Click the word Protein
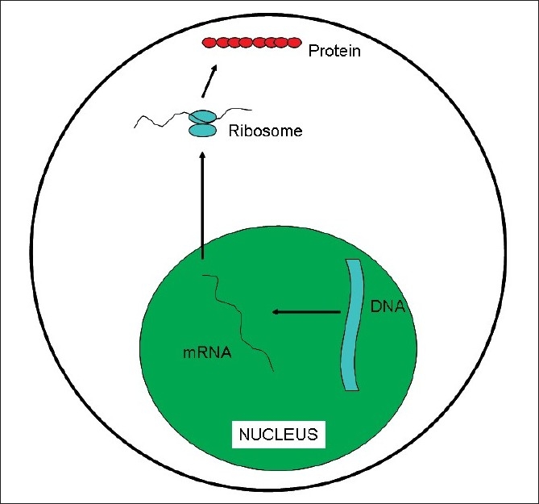pyautogui.click(x=335, y=52)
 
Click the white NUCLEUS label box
pyautogui.click(x=278, y=435)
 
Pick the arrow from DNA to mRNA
pyautogui.click(x=307, y=310)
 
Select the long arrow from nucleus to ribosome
pyautogui.click(x=202, y=206)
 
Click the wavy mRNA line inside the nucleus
pyautogui.click(x=242, y=323)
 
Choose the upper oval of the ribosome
pyautogui.click(x=203, y=117)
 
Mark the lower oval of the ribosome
pyautogui.click(x=203, y=131)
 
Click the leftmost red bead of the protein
pyautogui.click(x=209, y=41)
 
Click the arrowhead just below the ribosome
pyautogui.click(x=202, y=156)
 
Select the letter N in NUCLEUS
pyautogui.click(x=244, y=435)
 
